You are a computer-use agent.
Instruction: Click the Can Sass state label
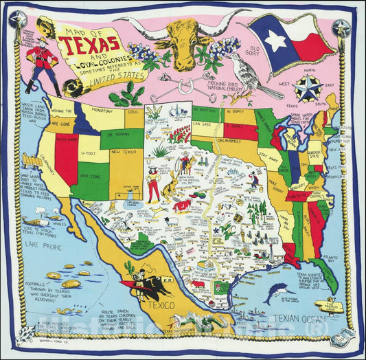click(x=201, y=124)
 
